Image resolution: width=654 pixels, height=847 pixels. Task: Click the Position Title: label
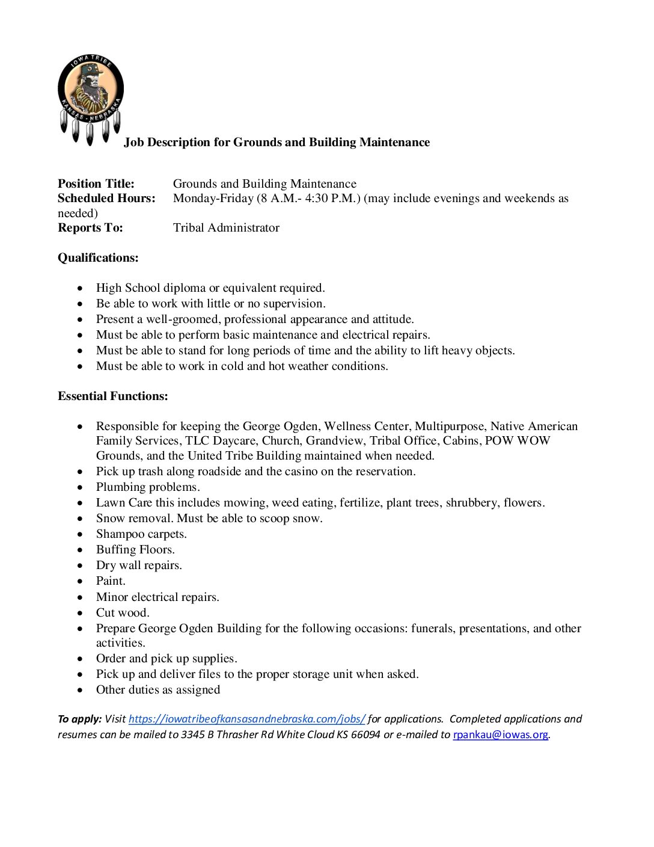coord(96,184)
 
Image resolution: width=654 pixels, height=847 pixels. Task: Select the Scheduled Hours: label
coord(106,199)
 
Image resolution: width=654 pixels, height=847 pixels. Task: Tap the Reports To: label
coord(90,228)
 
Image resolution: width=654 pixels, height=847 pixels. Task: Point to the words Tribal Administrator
coord(226,228)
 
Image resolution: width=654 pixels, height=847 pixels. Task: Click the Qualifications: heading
coord(98,258)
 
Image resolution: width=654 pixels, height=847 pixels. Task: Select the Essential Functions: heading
coord(113,396)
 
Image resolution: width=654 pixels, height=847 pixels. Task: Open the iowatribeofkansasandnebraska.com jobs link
coord(246,719)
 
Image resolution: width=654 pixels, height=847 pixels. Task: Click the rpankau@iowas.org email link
coord(500,735)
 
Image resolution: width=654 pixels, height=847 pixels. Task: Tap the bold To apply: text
coord(79,719)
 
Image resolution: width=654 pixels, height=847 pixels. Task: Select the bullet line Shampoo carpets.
coord(141,534)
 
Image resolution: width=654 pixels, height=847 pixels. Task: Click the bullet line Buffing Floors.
coord(135,550)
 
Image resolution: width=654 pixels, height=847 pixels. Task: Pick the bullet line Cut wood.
coord(123,613)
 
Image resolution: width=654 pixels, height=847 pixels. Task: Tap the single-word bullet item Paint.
coord(111,581)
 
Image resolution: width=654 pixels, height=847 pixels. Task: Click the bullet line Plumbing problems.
coord(148,487)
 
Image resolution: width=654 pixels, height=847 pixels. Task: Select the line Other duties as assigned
coord(158,690)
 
